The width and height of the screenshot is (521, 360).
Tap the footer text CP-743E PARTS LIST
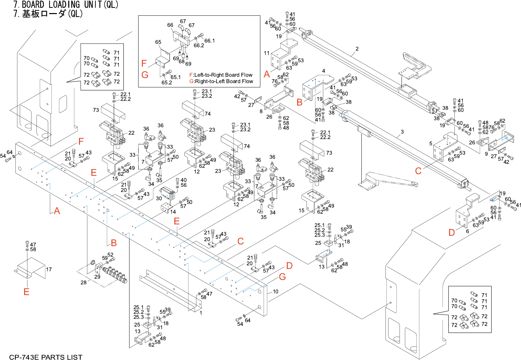pyautogui.click(x=46, y=357)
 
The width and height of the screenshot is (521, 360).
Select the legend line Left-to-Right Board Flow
pyautogui.click(x=221, y=75)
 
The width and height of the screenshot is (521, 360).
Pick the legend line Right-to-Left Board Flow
pyautogui.click(x=221, y=81)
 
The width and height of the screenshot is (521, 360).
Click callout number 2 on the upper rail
pyautogui.click(x=357, y=49)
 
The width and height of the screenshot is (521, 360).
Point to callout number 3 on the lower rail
pyautogui.click(x=402, y=132)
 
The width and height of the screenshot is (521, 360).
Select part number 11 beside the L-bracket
pyautogui.click(x=267, y=53)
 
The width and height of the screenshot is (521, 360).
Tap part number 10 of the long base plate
pyautogui.click(x=275, y=292)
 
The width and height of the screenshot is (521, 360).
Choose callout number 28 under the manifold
pyautogui.click(x=83, y=282)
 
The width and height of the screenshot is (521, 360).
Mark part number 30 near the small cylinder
pyautogui.click(x=159, y=198)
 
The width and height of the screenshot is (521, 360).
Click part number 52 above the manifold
pyautogui.click(x=110, y=255)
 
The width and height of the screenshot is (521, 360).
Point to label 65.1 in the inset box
pyautogui.click(x=176, y=77)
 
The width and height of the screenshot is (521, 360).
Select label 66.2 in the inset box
pyautogui.click(x=199, y=46)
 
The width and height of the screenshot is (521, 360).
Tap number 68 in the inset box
pyautogui.click(x=182, y=62)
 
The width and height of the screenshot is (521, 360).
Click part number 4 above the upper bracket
pyautogui.click(x=324, y=71)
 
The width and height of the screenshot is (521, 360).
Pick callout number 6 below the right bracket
pyautogui.click(x=467, y=231)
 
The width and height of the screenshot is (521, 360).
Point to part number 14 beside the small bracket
pyautogui.click(x=173, y=212)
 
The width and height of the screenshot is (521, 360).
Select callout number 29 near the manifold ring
pyautogui.click(x=97, y=277)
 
